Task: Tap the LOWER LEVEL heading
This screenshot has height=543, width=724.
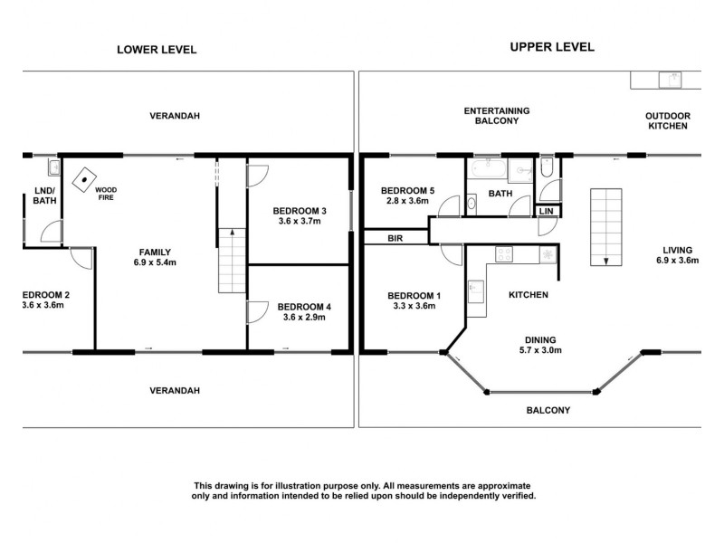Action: pos(157,50)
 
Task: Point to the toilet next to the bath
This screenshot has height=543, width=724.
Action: pos(546,169)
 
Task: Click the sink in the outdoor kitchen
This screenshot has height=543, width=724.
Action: pos(672,79)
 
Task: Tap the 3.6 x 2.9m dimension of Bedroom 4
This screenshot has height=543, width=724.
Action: pos(303,319)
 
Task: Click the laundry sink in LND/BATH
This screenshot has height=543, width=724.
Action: pos(53,167)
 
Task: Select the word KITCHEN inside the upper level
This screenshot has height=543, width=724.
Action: pos(529,295)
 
